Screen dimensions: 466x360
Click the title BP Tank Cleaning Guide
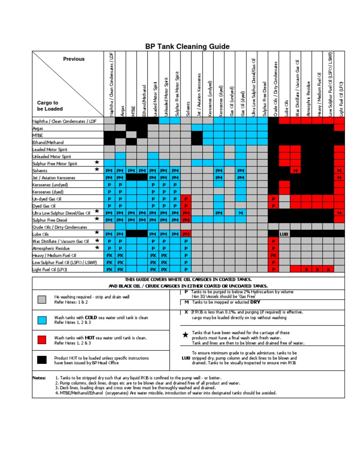tap(187, 46)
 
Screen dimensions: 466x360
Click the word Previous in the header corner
tap(74, 59)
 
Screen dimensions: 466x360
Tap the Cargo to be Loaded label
tap(48, 105)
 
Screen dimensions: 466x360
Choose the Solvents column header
tap(187, 108)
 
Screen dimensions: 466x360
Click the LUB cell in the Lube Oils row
tap(285, 233)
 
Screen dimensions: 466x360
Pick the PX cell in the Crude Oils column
tap(273, 256)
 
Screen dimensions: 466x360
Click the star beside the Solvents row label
tap(97, 169)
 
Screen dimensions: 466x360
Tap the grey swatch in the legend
tap(42, 299)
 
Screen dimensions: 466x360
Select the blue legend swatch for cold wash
tap(42, 320)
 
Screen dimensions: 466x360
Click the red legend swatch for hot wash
tap(42, 340)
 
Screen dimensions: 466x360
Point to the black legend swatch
tap(42, 360)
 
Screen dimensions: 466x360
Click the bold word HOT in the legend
tap(90, 338)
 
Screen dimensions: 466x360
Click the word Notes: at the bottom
tap(39, 377)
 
